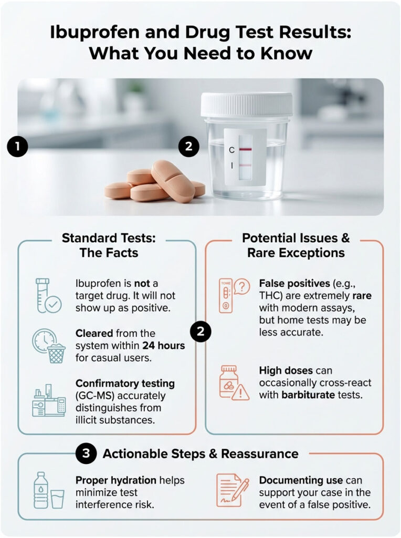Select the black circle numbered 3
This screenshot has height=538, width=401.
(x=86, y=453)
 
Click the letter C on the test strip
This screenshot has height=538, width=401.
(x=231, y=150)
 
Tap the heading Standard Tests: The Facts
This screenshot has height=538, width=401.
(x=109, y=245)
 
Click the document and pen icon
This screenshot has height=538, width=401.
(x=231, y=490)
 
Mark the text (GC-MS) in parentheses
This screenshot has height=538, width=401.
(x=95, y=395)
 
